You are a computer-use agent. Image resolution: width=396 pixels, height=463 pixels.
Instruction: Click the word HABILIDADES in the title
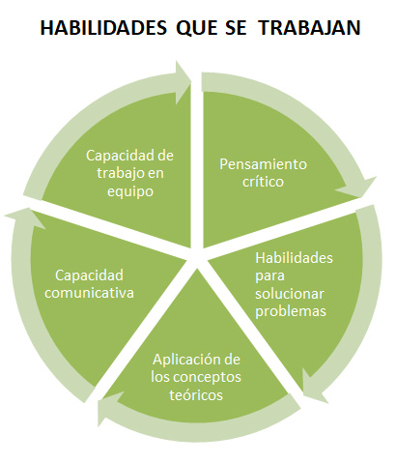[x=103, y=28]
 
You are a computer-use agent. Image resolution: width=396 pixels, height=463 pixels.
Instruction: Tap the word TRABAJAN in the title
[x=310, y=28]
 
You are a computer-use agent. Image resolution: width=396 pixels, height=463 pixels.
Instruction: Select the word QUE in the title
[x=197, y=28]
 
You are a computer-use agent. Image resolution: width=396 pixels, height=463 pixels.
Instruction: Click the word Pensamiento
[x=263, y=164]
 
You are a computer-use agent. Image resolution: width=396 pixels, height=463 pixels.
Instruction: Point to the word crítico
[x=263, y=182]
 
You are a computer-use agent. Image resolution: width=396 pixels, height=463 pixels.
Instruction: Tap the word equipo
[x=130, y=192]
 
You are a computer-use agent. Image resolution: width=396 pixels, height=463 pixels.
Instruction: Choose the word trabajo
[x=119, y=174]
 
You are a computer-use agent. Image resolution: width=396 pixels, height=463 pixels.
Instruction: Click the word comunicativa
[x=89, y=293]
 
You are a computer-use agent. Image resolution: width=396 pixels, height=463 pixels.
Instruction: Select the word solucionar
[x=290, y=294]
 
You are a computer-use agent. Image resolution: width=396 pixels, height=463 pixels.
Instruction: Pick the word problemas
[x=291, y=312]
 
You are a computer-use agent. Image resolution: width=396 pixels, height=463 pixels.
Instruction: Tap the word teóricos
[x=196, y=395]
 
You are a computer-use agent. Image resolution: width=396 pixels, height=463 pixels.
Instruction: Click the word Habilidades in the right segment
[x=294, y=258]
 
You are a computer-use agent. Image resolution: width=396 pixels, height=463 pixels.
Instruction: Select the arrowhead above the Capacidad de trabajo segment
[x=183, y=82]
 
